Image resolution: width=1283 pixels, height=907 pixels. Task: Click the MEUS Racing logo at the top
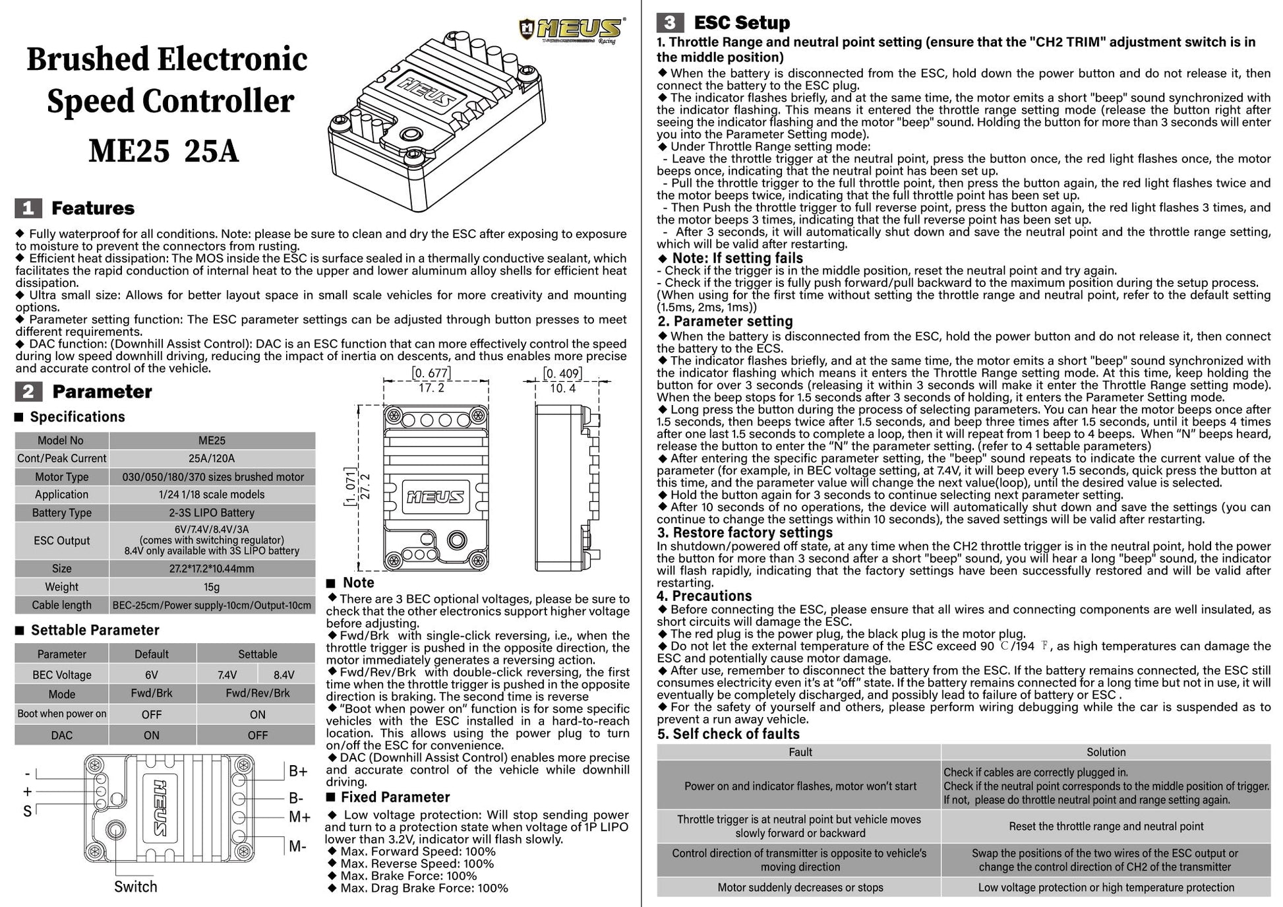tap(572, 30)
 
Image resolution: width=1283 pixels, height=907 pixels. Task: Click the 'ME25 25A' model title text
tap(164, 151)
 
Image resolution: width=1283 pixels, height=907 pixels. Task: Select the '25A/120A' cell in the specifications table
tap(212, 458)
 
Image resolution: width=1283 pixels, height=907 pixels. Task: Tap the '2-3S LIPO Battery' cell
tap(212, 513)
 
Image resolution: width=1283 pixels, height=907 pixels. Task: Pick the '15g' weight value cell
tap(212, 586)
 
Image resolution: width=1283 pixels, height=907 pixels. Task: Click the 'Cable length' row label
tap(62, 605)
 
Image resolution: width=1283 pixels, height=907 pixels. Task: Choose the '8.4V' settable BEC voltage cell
tap(284, 675)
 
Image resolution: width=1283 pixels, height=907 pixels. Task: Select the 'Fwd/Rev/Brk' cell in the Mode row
tap(257, 693)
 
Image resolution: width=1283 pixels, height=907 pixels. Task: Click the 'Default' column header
tap(152, 654)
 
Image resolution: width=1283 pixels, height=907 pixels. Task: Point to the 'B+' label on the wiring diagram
tap(298, 771)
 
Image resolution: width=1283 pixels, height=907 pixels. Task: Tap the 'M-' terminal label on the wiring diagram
tap(297, 846)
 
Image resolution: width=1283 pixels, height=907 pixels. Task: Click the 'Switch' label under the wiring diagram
tap(136, 887)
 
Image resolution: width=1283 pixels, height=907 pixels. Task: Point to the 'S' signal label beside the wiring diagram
tap(27, 811)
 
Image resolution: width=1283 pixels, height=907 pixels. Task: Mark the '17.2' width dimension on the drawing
tap(431, 388)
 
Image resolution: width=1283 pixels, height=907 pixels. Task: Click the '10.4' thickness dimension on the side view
tap(562, 388)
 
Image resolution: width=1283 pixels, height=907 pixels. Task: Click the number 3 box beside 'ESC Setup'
tap(669, 22)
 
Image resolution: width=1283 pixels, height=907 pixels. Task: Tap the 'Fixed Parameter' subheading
tap(395, 797)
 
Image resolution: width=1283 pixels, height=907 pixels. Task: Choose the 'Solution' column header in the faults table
tap(1106, 752)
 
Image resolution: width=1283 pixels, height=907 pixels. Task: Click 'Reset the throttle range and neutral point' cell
tap(1106, 827)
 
